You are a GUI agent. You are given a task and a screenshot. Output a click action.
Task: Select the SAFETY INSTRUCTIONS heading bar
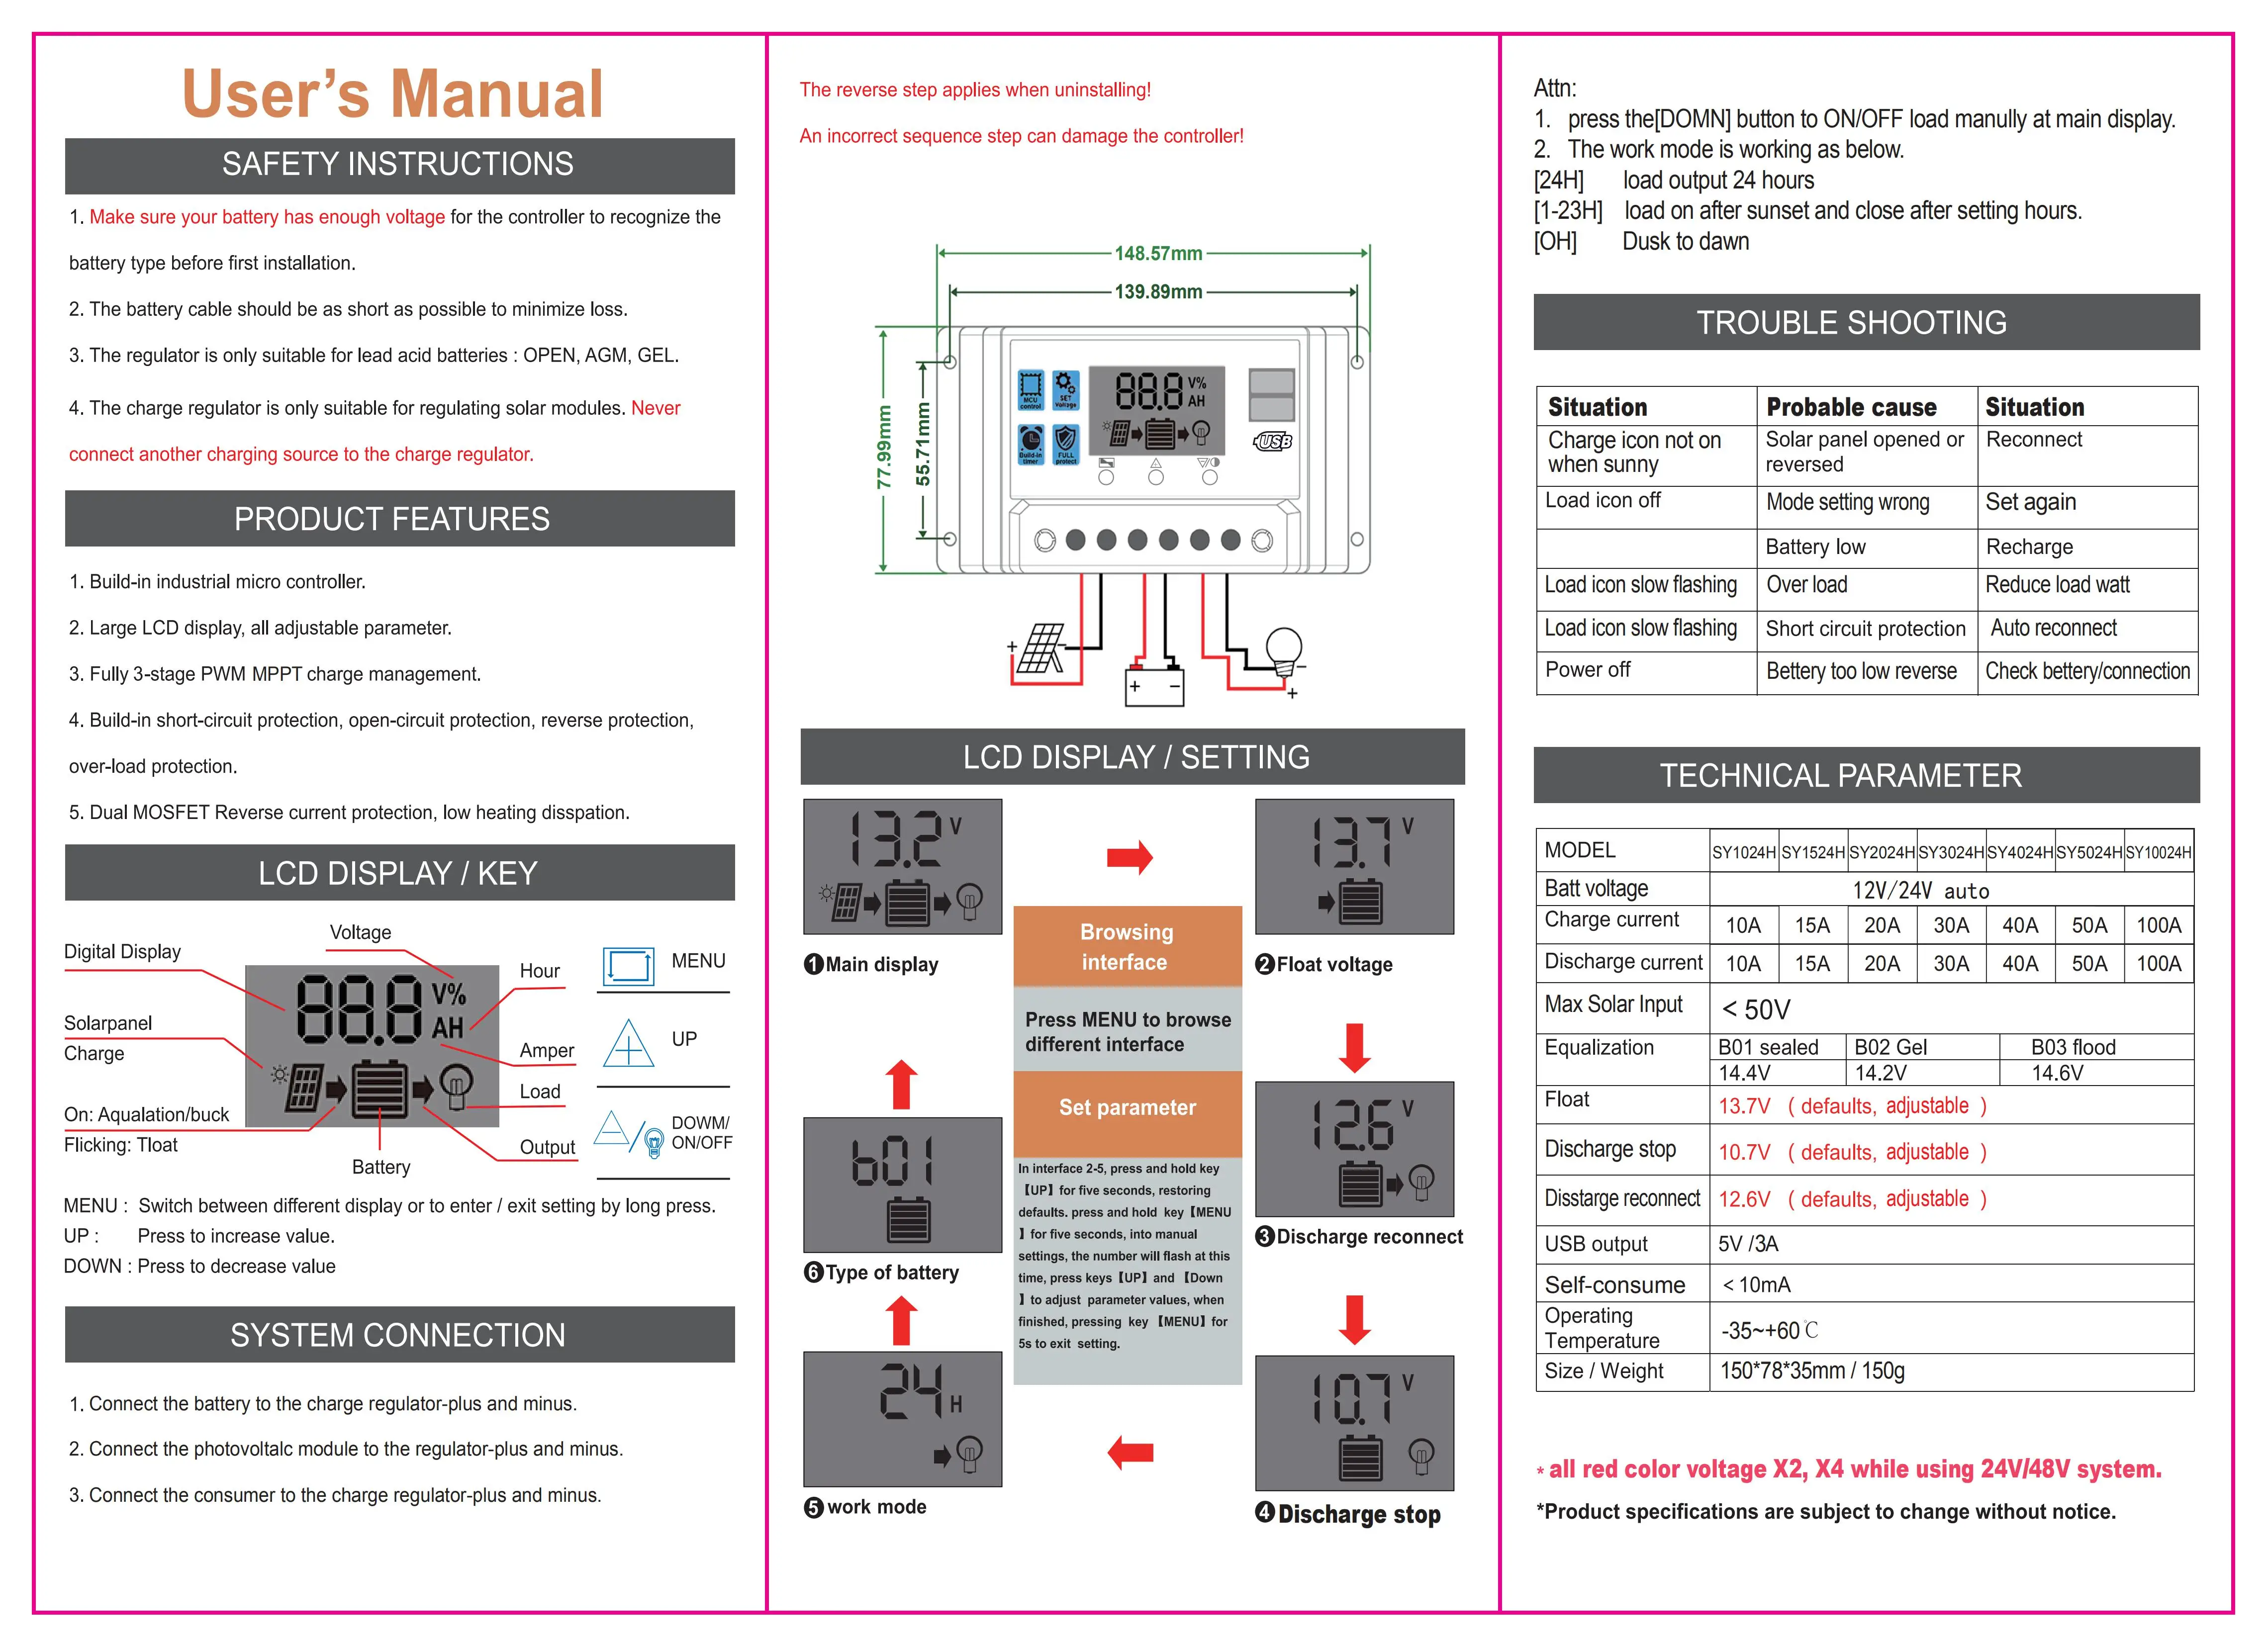(399, 165)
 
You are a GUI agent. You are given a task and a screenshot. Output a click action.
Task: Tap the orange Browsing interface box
(1127, 946)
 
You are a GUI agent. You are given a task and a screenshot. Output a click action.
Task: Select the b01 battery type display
(902, 1185)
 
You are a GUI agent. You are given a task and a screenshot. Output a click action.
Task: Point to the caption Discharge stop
(1358, 1514)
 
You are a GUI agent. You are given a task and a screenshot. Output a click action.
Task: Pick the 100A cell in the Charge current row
(2158, 925)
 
